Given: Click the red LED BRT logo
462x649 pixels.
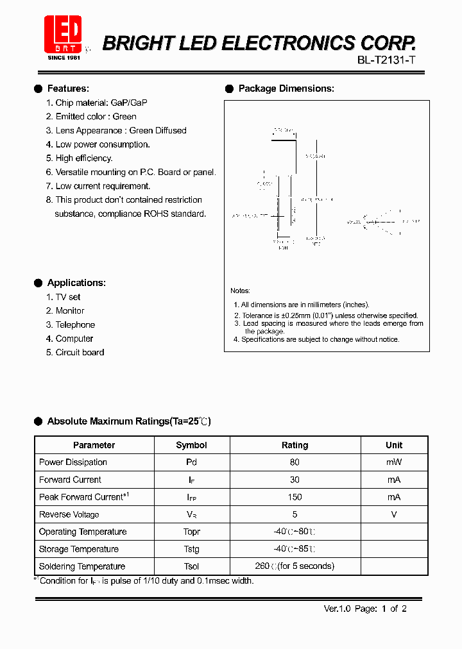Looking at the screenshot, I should pos(62,34).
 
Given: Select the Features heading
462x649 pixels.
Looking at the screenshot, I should pos(68,88).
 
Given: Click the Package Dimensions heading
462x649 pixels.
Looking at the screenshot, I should pos(286,88).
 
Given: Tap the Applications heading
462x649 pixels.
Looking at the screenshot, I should pos(76,283).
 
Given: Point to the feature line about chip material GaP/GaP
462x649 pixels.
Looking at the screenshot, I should pos(101,103).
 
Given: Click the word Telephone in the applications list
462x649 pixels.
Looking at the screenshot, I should pos(75,325).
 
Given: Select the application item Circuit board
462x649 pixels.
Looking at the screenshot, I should pos(80,353).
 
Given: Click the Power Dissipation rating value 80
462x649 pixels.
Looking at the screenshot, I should pos(295,462).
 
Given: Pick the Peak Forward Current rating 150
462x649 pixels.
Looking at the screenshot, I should pos(295,497).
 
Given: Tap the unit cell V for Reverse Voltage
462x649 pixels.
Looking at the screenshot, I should pos(394,514).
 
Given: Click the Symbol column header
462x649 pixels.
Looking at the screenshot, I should pos(191,445).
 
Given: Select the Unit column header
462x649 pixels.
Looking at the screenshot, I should pos(394,445).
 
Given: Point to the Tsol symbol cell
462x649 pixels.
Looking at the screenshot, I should pos(191,566).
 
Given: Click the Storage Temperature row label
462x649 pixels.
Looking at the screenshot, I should pos(79,549).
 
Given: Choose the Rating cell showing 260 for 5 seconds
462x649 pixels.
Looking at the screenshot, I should pos(295,566).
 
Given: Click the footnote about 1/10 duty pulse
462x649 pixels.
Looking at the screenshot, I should pos(145,581).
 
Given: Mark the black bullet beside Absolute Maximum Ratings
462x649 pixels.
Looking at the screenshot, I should pos(38,421).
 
